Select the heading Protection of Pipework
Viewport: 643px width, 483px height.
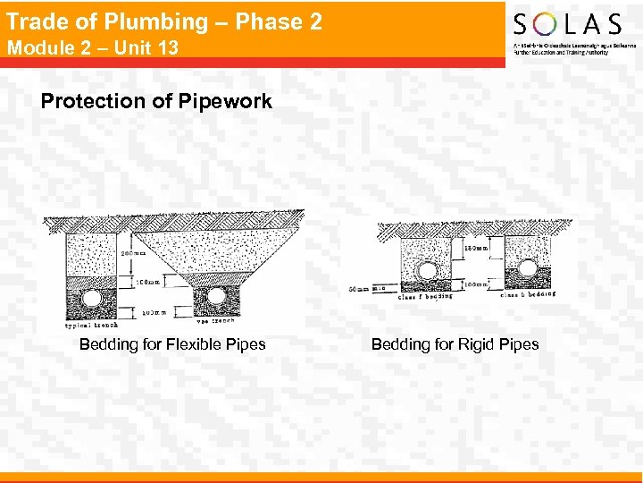pos(156,101)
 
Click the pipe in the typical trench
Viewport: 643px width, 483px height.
pos(89,296)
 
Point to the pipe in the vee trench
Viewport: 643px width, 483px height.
pos(216,294)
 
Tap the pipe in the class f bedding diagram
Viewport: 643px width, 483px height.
pos(427,271)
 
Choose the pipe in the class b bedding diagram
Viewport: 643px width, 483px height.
pos(528,269)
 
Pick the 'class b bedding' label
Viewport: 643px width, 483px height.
pos(529,293)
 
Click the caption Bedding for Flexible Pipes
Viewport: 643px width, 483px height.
pos(172,344)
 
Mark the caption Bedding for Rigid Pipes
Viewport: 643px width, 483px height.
pos(455,344)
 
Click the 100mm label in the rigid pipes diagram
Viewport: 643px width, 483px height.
pos(476,284)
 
